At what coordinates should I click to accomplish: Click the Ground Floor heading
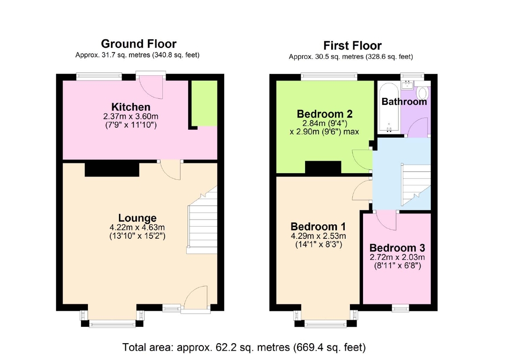pyautogui.click(x=138, y=44)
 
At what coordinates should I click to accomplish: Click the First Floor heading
pyautogui.click(x=352, y=45)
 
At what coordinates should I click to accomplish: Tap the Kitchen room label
pyautogui.click(x=131, y=107)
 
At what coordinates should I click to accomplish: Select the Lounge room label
pyautogui.click(x=137, y=218)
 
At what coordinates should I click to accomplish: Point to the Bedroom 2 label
pyautogui.click(x=325, y=114)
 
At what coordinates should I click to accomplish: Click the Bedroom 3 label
pyautogui.click(x=397, y=248)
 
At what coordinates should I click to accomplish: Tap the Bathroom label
pyautogui.click(x=404, y=102)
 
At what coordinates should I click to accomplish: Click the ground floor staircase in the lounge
pyautogui.click(x=202, y=220)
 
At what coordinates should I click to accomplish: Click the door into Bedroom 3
pyautogui.click(x=386, y=220)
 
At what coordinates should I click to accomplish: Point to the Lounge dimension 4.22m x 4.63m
pyautogui.click(x=137, y=227)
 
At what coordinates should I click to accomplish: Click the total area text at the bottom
pyautogui.click(x=244, y=347)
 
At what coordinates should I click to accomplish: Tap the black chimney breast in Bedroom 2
pyautogui.click(x=323, y=168)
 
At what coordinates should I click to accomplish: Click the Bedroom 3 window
pyautogui.click(x=400, y=308)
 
